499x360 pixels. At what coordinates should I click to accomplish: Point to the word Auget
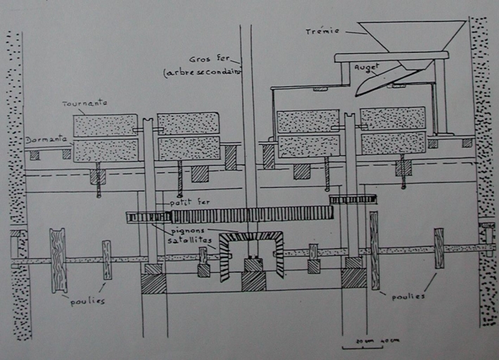click(x=366, y=67)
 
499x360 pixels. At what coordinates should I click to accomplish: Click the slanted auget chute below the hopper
click(x=381, y=80)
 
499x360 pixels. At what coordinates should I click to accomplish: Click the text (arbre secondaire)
click(x=202, y=72)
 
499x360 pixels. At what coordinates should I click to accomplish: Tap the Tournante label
click(x=84, y=103)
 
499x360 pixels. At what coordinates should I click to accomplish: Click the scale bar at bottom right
click(x=362, y=346)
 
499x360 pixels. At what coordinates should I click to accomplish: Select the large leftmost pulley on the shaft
click(x=58, y=259)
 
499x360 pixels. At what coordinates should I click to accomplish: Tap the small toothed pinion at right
click(x=353, y=199)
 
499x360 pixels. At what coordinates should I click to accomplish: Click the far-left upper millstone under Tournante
click(x=105, y=125)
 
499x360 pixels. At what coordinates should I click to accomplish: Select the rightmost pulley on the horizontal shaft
click(x=438, y=248)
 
